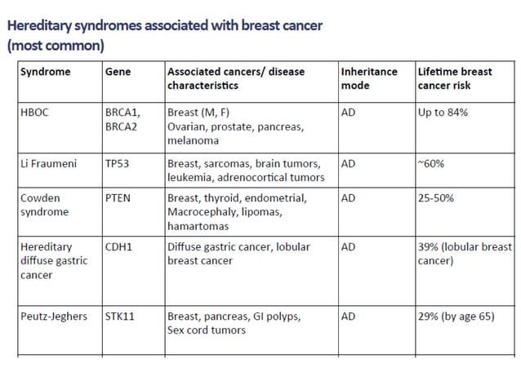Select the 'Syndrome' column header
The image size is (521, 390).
tap(46, 72)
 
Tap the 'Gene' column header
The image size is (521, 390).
tap(118, 72)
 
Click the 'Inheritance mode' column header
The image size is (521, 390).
tap(370, 78)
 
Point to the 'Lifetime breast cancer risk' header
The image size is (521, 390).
tap(455, 78)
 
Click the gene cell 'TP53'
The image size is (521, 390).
tap(119, 163)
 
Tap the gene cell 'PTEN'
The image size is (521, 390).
tap(119, 197)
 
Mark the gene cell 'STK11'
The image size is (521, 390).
tap(120, 317)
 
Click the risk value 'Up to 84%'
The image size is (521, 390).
tap(443, 113)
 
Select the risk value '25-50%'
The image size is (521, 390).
tap(436, 197)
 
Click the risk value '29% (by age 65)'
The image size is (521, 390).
tap(456, 317)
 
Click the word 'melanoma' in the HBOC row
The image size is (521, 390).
tap(194, 140)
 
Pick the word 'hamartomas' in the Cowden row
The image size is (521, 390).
tap(198, 225)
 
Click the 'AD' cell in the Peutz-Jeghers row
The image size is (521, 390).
tap(349, 317)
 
